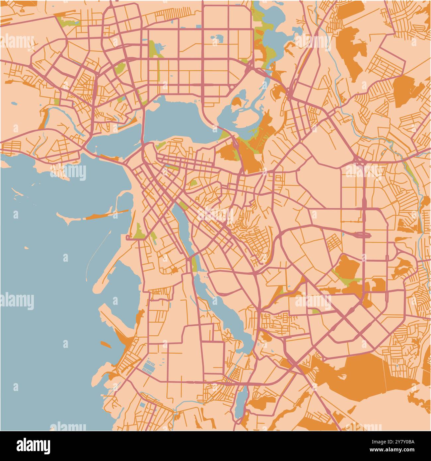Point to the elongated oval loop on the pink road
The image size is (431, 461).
[x=362, y=235]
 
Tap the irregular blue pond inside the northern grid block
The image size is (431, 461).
[x=217, y=39]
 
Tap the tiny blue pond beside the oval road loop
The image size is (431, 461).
[x=343, y=233]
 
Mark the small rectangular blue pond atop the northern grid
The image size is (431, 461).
[x=198, y=26]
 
